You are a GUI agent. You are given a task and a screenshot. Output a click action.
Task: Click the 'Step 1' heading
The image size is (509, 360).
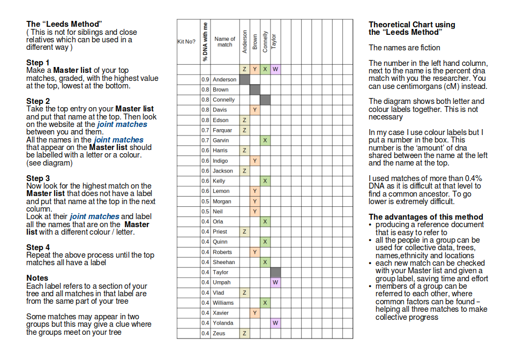(38, 63)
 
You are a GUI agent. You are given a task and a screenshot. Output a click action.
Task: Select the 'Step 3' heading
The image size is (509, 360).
(38, 178)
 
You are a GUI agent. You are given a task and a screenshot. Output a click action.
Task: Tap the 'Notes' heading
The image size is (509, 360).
(37, 278)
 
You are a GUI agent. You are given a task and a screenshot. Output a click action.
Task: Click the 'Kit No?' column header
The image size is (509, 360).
(186, 42)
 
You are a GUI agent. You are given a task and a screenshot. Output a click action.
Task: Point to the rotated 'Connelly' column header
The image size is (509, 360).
(265, 41)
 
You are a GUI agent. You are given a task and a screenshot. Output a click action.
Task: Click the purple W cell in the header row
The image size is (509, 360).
(275, 69)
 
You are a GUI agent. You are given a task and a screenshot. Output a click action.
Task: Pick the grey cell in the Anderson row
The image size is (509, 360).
(244, 79)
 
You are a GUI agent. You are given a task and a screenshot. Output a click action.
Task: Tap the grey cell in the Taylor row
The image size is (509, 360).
(275, 272)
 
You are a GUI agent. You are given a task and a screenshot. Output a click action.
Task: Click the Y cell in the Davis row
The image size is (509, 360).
(254, 110)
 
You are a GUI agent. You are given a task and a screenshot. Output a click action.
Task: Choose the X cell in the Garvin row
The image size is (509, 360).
(265, 140)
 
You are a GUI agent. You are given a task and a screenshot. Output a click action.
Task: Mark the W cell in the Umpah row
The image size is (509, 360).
(275, 282)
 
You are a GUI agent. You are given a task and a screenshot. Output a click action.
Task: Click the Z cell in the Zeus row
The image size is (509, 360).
(244, 333)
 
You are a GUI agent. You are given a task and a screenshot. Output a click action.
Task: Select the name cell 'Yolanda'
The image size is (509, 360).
(223, 323)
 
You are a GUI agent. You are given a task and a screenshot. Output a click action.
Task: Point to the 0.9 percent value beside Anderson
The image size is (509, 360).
(205, 79)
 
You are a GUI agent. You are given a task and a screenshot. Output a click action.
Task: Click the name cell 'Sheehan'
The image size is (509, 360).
(223, 262)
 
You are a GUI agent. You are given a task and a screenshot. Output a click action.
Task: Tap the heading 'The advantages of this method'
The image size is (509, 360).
(425, 217)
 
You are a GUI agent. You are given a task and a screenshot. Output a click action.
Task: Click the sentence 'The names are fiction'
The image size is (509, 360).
(405, 48)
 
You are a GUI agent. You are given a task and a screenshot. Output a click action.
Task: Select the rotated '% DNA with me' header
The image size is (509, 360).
(205, 42)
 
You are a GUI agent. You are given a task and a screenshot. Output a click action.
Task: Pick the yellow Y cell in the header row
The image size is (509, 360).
(254, 69)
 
